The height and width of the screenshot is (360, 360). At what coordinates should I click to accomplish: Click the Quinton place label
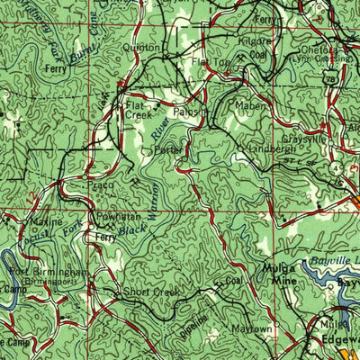point(146,47)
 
